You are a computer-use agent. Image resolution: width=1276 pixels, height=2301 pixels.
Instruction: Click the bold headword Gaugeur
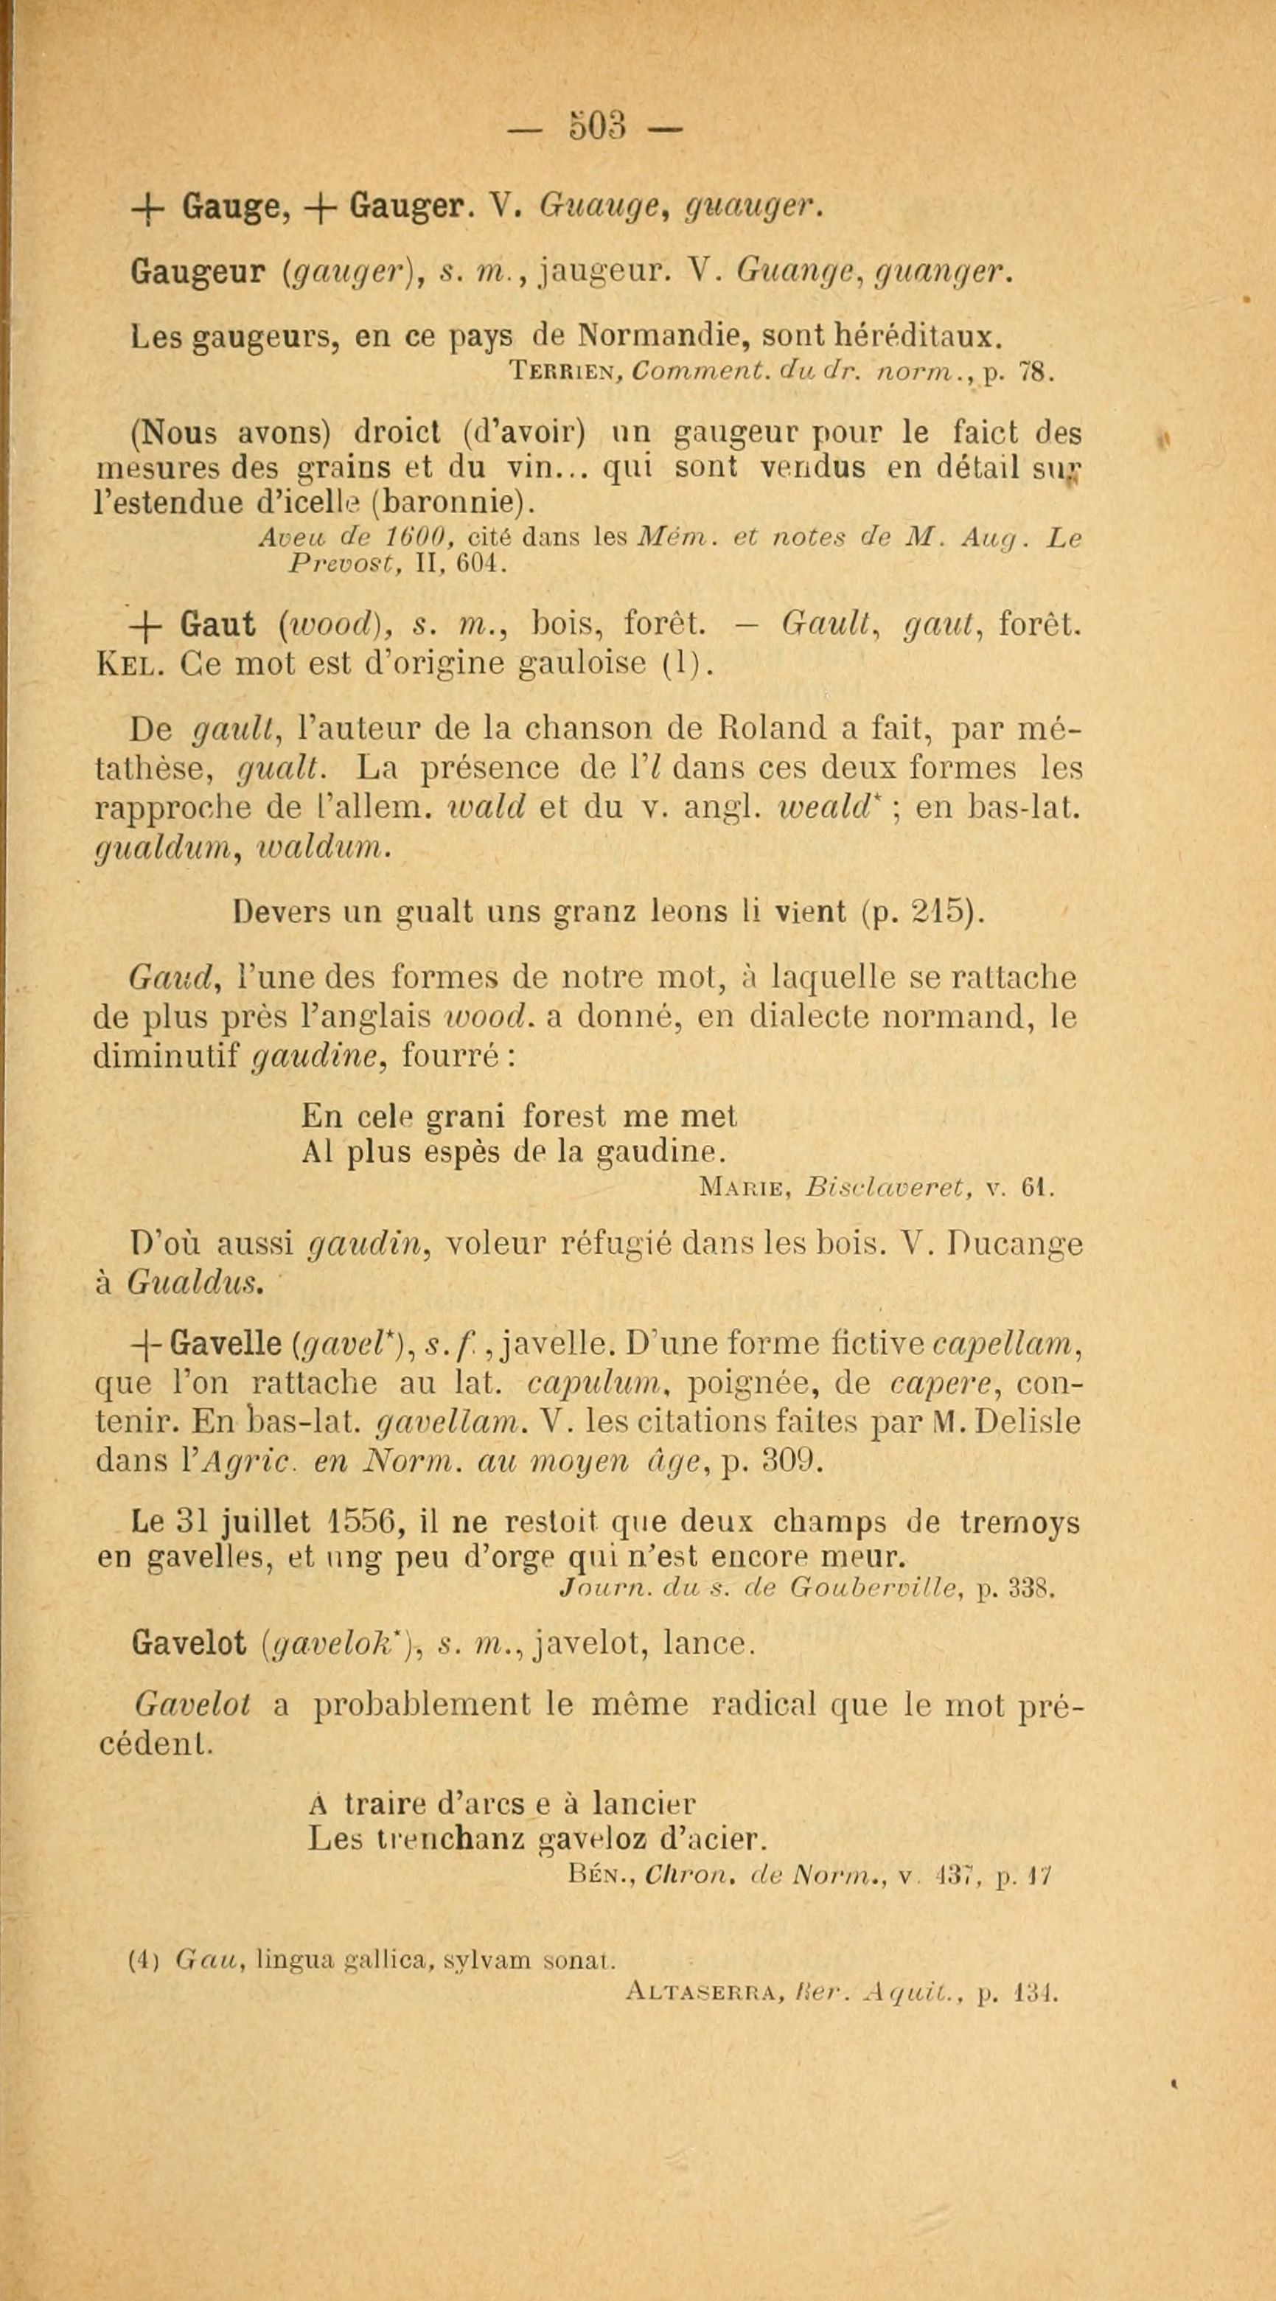(x=192, y=271)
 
